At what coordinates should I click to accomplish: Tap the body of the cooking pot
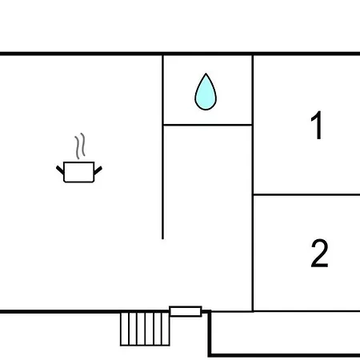coord(79,172)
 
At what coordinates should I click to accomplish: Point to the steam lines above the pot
coord(80,146)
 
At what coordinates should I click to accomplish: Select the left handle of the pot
coord(60,170)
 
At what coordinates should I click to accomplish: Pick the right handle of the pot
coord(98,170)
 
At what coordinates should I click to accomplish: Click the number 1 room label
coord(317,125)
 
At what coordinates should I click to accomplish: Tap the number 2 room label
coord(319,253)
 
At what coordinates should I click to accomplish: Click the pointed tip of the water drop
coord(206,74)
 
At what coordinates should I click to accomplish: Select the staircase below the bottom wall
coord(145,329)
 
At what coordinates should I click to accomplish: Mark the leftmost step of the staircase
coord(125,329)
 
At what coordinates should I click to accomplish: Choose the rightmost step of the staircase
coord(166,329)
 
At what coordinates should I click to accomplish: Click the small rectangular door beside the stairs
coord(186,311)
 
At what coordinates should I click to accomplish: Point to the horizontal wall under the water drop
coord(207,125)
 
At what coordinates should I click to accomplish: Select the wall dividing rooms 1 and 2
coord(306,195)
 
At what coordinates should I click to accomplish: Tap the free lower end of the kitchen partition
coord(162,239)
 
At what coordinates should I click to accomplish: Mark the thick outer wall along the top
coord(180,54)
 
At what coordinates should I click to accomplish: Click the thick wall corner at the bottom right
coord(210,355)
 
